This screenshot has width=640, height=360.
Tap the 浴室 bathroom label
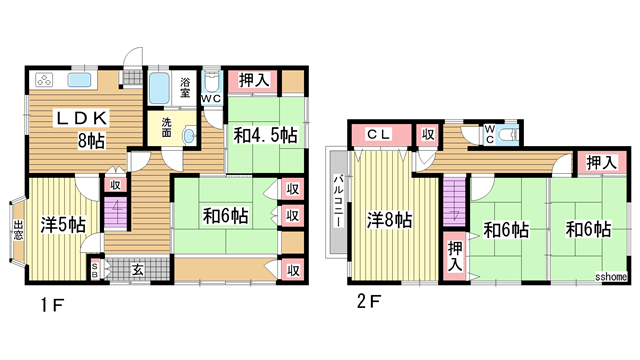tap(185, 86)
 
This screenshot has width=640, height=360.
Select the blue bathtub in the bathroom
tap(160, 88)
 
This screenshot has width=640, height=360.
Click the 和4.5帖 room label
tap(265, 134)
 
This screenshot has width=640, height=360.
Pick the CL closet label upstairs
tap(377, 133)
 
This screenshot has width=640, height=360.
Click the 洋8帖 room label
tap(390, 218)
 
